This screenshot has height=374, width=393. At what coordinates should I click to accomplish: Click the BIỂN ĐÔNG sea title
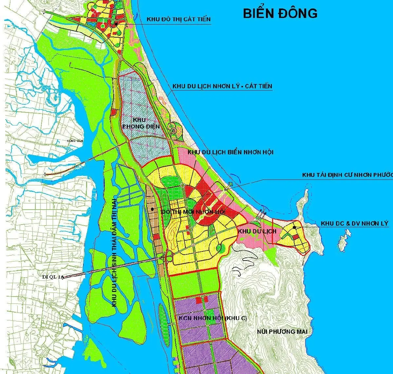click(x=280, y=13)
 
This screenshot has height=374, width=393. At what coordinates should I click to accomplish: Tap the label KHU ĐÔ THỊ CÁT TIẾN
click(x=178, y=19)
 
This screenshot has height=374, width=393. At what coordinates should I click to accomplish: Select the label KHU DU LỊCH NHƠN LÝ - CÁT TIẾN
click(x=222, y=86)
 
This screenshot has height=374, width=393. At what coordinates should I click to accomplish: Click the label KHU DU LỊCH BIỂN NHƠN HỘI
click(x=230, y=152)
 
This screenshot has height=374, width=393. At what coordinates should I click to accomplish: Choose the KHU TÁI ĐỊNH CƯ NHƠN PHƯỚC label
click(x=347, y=175)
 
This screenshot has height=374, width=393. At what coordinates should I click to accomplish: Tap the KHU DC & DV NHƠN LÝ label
click(x=354, y=224)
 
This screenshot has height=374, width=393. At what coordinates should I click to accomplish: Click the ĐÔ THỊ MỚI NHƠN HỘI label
click(x=193, y=212)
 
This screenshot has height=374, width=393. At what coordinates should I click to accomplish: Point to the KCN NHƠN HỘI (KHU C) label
click(x=213, y=318)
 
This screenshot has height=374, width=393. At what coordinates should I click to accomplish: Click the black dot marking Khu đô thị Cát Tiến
click(x=116, y=24)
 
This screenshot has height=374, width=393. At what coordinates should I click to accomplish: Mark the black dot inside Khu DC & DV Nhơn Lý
click(x=294, y=227)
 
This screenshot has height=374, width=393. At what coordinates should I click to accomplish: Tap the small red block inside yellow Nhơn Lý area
click(x=295, y=237)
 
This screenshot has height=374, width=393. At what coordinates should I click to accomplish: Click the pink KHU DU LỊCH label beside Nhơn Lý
click(x=257, y=231)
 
